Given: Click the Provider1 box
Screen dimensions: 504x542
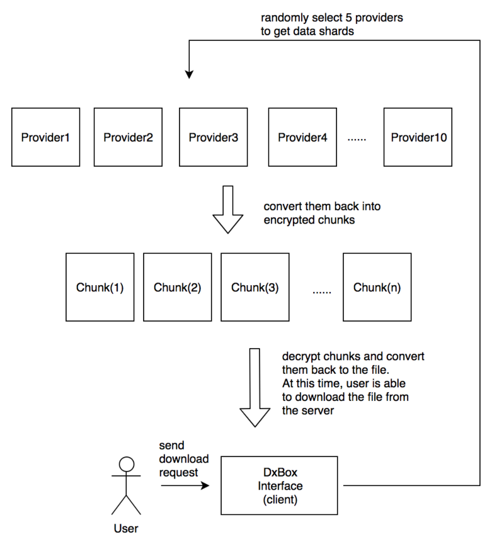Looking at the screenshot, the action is pos(45,137).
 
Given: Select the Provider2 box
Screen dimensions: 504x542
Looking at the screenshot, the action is pos(128,137).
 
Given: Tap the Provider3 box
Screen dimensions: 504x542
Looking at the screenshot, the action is pos(213,137).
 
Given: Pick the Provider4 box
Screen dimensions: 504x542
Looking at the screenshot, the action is pos(302,137).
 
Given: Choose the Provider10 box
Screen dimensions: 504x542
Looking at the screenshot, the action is pos(418,137).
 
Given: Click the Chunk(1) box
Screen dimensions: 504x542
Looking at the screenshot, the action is pos(100,287).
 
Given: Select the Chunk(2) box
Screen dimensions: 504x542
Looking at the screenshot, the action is pos(178,287).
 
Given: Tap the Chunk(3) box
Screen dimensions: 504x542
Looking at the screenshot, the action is pos(255,287).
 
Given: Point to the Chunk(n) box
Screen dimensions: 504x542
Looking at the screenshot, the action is pos(377,287).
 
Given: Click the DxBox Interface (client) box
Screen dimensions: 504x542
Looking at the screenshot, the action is pos(279,485).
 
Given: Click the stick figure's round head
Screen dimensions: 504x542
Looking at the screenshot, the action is pos(126,464).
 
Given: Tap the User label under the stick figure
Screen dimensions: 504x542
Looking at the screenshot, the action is pos(126,529).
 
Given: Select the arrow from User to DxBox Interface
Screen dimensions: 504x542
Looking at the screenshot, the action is pos(185,485).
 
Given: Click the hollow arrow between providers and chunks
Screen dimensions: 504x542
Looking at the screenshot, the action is pos(228,210).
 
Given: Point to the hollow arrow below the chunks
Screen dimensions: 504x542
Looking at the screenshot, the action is pos(255,388).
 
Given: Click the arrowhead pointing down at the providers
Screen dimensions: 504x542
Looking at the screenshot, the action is pos(189,74).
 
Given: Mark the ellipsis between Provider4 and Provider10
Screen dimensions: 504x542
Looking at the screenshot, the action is pos(357,140).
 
